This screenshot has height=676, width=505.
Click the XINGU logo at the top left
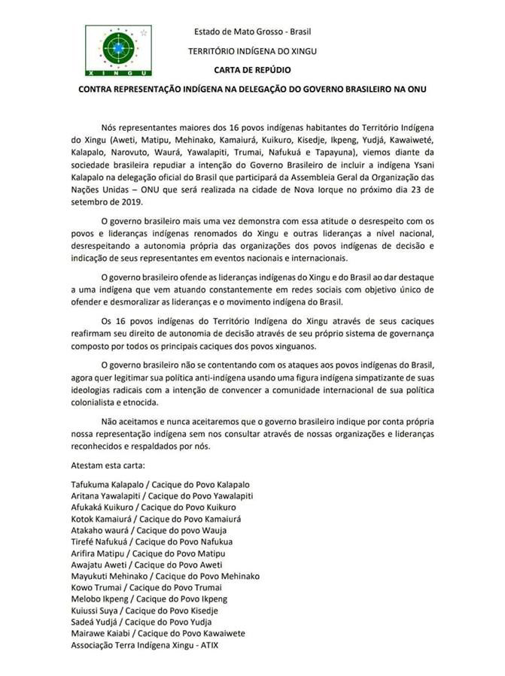click(x=117, y=50)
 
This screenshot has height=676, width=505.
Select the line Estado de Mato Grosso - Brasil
click(x=253, y=32)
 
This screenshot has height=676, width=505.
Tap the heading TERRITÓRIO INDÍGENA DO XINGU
click(x=253, y=50)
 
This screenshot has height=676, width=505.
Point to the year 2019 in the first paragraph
click(x=120, y=202)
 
